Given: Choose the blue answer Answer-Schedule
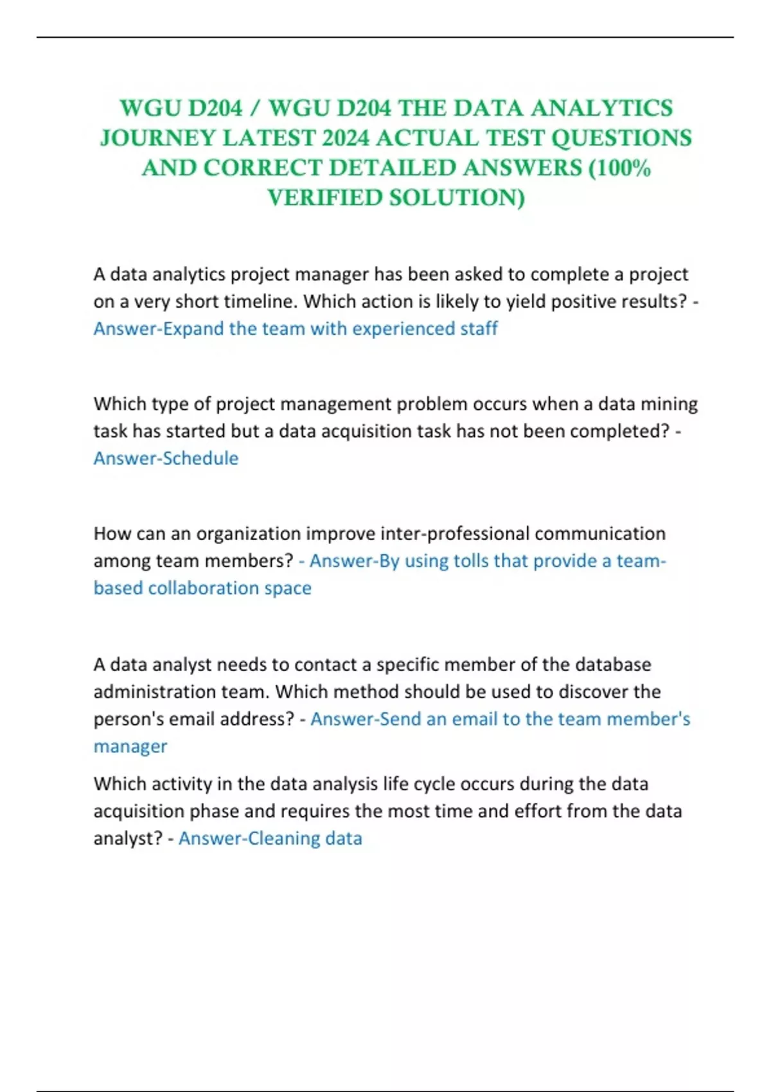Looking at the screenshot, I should click(166, 458).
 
